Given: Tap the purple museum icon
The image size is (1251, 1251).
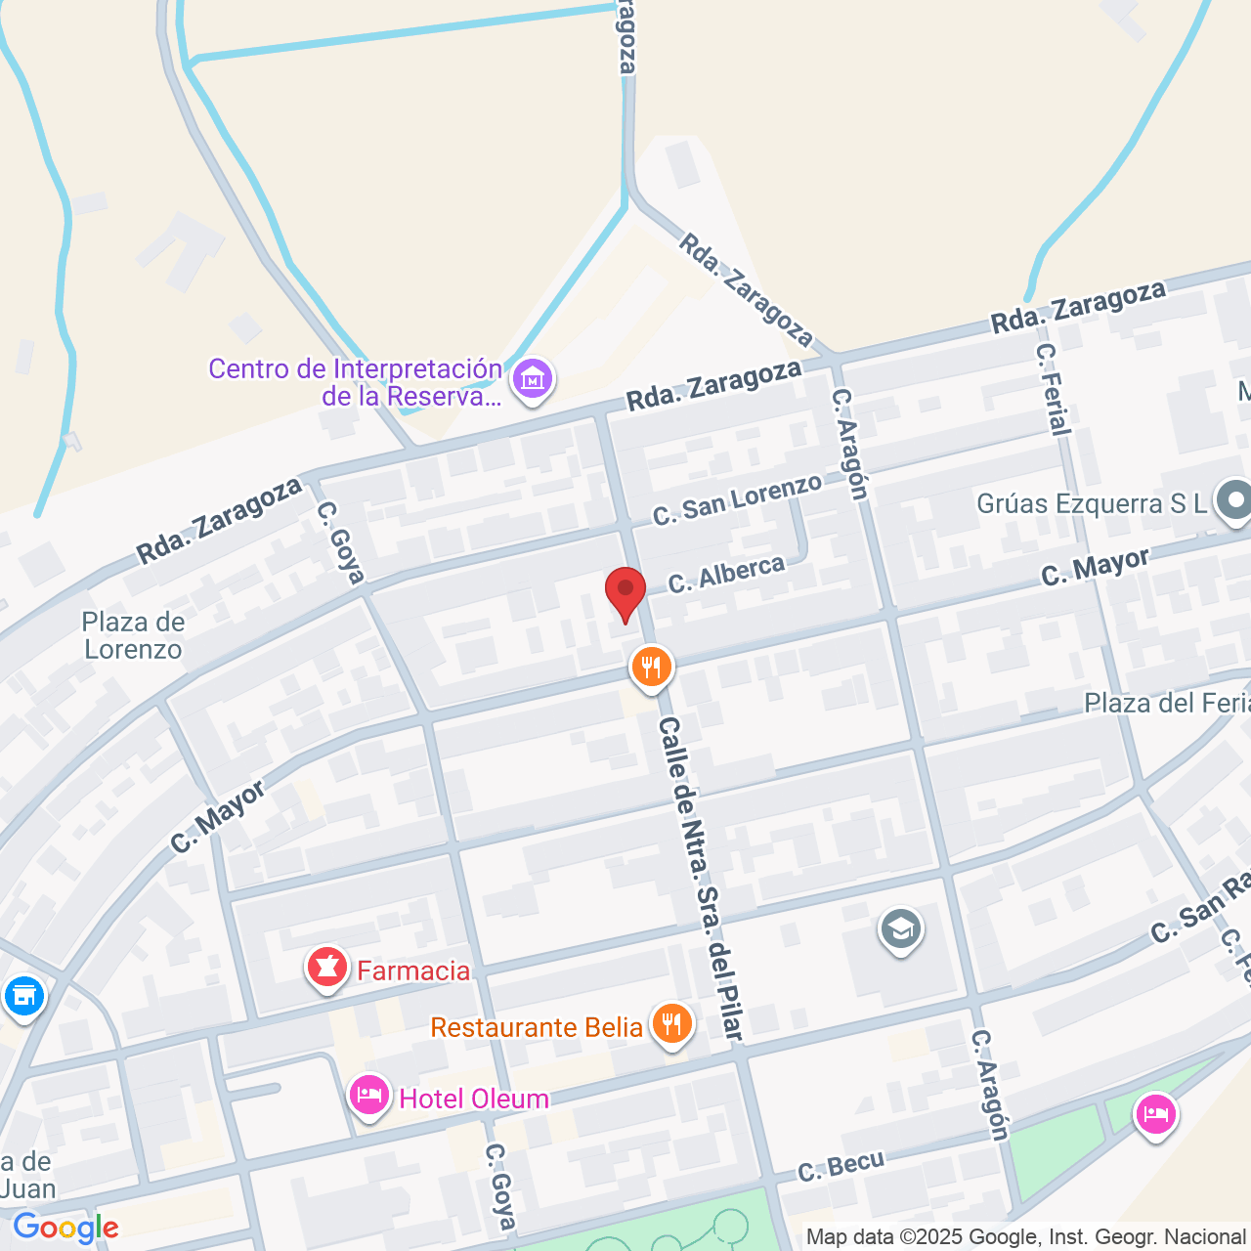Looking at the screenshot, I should (533, 378).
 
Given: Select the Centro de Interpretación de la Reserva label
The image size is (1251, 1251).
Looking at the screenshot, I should (355, 382).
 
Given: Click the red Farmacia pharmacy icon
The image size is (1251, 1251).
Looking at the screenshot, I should (327, 968).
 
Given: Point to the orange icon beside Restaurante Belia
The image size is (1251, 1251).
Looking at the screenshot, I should (671, 1024).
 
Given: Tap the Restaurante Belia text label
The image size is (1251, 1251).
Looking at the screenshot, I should (537, 1027).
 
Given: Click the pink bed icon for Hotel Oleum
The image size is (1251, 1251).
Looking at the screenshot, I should (369, 1096).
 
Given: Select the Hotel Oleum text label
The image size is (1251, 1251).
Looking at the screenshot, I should (474, 1099).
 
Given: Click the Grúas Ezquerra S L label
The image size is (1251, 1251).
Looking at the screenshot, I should (1092, 503).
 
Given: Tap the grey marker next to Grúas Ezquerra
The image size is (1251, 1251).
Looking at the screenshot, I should (1234, 501).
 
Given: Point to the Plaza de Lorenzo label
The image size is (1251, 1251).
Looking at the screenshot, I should (133, 635).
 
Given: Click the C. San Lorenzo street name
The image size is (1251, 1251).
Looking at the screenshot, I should (737, 499).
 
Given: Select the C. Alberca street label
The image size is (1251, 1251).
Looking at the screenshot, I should (726, 574).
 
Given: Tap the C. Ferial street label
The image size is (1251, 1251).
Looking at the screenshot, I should (1054, 388).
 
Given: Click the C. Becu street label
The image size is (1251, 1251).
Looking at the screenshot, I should (841, 1166).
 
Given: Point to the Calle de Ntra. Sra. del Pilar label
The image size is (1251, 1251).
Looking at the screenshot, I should (701, 877).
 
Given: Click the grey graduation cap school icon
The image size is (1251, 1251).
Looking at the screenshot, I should (900, 929).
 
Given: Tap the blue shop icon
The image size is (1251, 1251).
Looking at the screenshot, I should (24, 996).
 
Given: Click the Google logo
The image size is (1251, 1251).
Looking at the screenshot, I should (65, 1228).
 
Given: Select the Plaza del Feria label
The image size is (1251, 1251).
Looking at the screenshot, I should (1167, 703).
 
